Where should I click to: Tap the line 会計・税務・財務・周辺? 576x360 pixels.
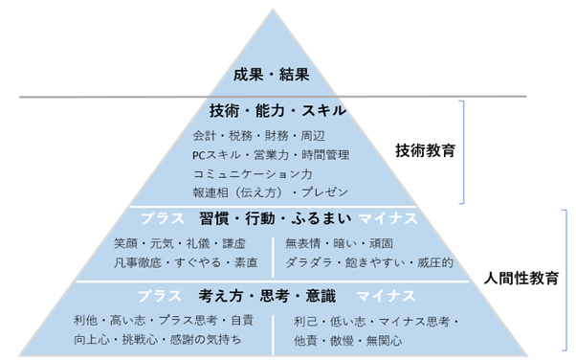click(x=247, y=136)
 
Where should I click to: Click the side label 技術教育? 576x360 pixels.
click(x=425, y=150)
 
